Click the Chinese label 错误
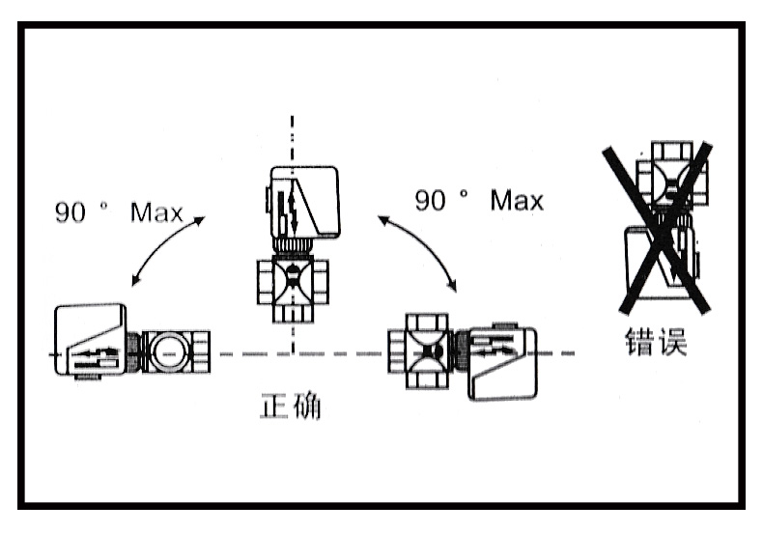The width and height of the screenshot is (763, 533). (x=656, y=341)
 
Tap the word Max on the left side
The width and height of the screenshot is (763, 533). (x=156, y=212)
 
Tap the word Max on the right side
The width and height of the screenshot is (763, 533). (x=517, y=200)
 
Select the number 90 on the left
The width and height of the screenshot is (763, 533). (x=71, y=212)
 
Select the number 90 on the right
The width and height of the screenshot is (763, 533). (x=430, y=200)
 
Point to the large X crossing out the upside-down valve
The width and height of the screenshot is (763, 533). (x=658, y=229)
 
